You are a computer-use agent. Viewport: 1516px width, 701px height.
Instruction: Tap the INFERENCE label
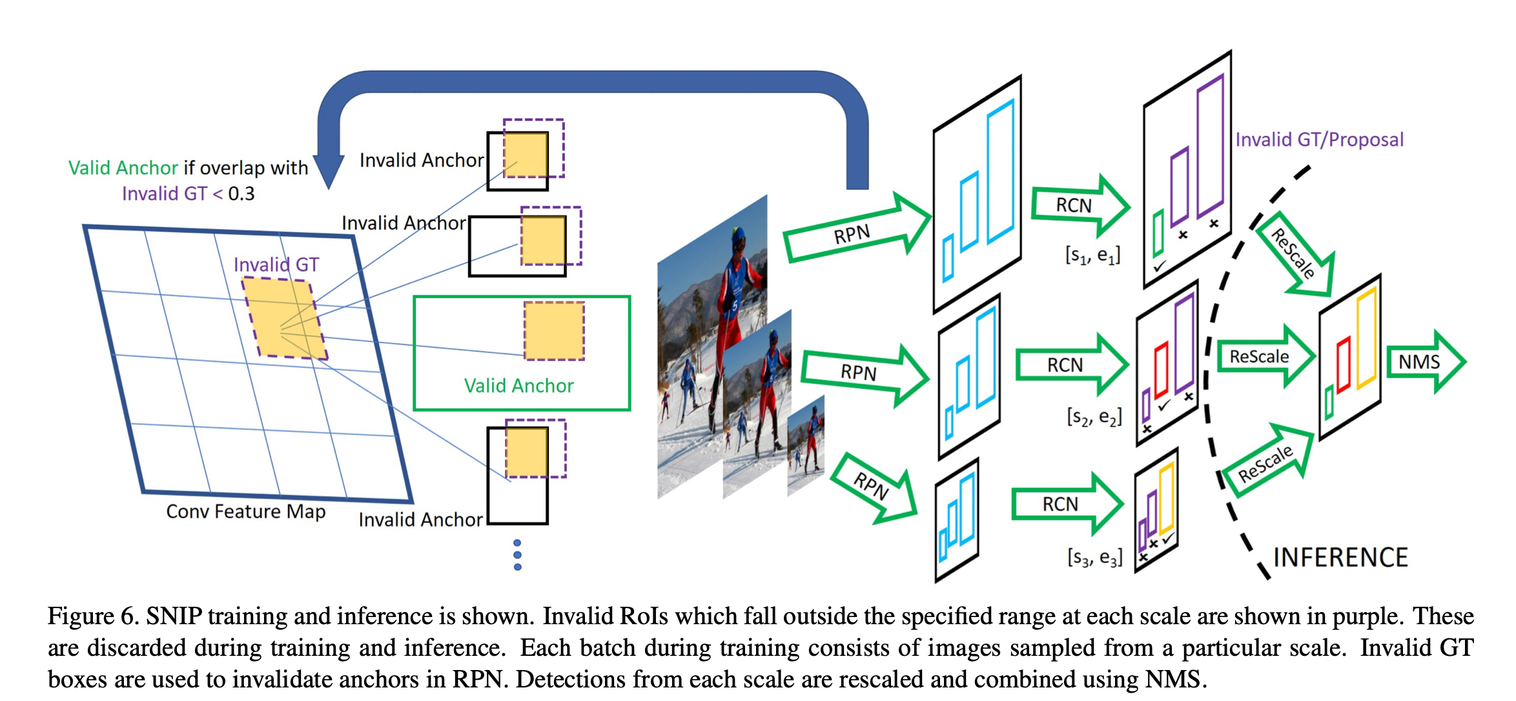1340,558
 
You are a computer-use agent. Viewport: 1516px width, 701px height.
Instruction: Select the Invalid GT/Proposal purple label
1319,139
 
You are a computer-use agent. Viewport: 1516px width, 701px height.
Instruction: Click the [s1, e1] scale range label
1092,255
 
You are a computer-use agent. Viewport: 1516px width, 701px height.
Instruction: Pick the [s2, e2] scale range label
1094,416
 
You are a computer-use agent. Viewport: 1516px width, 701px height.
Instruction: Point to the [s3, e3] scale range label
1094,556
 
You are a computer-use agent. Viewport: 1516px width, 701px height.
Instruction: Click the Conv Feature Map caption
245,511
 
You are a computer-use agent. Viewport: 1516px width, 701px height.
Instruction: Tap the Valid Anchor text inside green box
518,385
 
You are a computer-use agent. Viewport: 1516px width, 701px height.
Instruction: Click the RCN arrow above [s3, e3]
1065,503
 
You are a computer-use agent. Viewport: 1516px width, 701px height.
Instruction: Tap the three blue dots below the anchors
517,554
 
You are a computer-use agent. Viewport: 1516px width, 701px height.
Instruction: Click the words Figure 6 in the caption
93,616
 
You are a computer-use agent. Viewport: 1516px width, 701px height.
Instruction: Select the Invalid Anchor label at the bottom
420,520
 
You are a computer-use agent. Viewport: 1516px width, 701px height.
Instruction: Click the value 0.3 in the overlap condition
241,194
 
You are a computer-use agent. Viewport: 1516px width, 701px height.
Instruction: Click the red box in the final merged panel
1344,365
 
